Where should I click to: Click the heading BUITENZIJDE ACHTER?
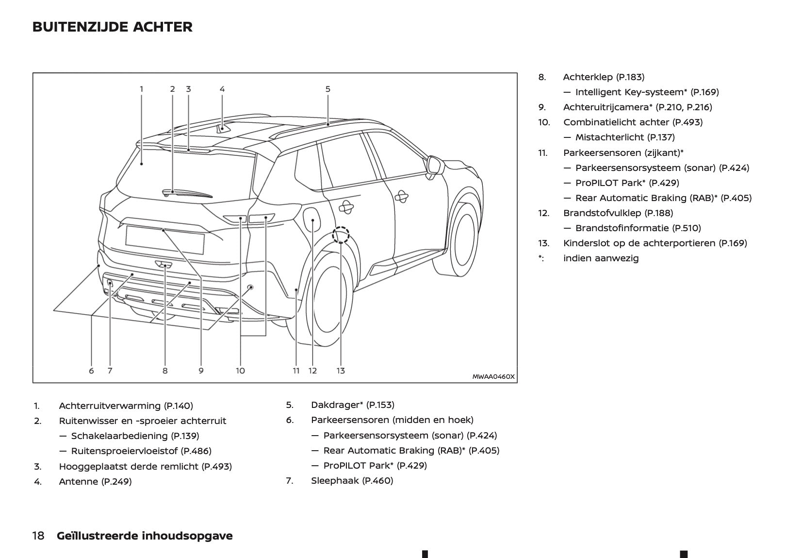point(112,27)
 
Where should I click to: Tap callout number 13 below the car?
point(341,371)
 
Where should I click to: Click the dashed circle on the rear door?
point(341,235)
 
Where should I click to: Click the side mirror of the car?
point(435,165)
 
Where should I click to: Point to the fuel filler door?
point(312,219)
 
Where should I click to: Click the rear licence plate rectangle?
point(164,239)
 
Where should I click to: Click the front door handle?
point(401,197)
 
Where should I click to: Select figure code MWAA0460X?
point(493,376)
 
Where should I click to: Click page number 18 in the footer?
point(38,536)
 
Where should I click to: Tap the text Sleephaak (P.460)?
point(352,480)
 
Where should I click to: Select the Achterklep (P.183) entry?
point(604,77)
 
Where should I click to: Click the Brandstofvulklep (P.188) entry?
point(618,213)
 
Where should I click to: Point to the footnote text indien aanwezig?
point(601,258)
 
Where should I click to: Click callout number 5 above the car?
point(328,89)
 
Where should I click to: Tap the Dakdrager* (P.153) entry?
point(352,405)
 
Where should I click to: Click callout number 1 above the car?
point(142,89)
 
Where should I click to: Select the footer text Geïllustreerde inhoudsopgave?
point(145,536)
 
